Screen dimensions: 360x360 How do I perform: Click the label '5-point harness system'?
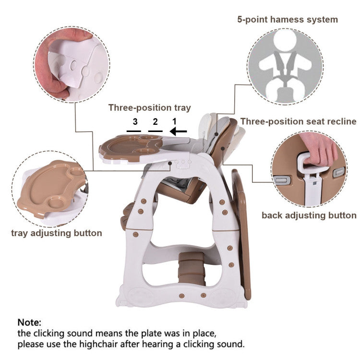tap(288, 20)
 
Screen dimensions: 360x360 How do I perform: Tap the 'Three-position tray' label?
tap(149, 108)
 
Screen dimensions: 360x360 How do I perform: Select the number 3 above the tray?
tap(135, 121)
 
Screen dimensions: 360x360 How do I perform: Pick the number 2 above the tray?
tap(155, 121)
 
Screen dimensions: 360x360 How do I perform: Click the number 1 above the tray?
tap(175, 121)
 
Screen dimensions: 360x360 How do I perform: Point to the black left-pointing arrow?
tap(179, 131)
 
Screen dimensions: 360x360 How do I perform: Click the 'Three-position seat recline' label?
tap(298, 121)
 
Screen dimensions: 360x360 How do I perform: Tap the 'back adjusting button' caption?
tap(309, 215)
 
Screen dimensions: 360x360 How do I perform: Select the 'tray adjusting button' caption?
tap(57, 233)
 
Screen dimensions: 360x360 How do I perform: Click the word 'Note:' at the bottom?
tap(30, 322)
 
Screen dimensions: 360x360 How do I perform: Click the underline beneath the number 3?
tap(134, 131)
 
